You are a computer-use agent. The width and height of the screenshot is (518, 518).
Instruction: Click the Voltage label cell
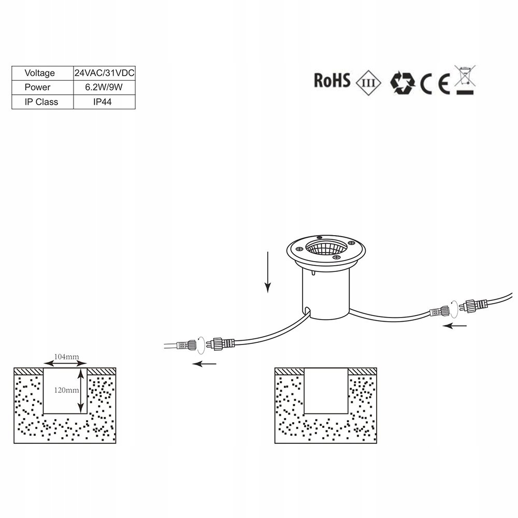[x=40, y=73]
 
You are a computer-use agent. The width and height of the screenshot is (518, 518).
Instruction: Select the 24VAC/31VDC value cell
[x=105, y=73]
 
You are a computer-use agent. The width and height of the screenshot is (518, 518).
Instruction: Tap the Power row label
[x=37, y=87]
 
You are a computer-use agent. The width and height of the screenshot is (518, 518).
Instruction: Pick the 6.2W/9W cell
[x=104, y=87]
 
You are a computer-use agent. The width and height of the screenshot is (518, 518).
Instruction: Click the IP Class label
[x=41, y=102]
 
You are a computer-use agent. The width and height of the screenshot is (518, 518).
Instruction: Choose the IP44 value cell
[x=103, y=102]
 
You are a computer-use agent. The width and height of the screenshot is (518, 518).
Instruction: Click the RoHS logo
[x=332, y=81]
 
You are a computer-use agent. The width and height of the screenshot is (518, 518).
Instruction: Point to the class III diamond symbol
[x=368, y=82]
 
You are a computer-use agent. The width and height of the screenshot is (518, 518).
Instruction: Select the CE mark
[x=435, y=84]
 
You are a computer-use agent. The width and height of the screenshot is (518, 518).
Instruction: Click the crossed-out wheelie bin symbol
[x=465, y=80]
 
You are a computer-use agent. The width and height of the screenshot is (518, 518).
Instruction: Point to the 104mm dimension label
[x=66, y=357]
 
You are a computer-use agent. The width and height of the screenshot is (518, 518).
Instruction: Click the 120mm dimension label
[x=66, y=390]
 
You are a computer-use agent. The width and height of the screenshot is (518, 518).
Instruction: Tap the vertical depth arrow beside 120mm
[x=81, y=391]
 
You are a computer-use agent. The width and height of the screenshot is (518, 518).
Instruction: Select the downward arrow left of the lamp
[x=268, y=272]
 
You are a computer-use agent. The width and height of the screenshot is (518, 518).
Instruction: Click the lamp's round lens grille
[x=326, y=248]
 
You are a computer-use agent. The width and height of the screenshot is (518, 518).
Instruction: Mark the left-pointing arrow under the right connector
[x=455, y=326]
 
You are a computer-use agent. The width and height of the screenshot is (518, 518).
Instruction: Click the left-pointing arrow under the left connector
[x=204, y=364]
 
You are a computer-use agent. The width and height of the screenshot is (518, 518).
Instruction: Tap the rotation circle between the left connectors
[x=201, y=345]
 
